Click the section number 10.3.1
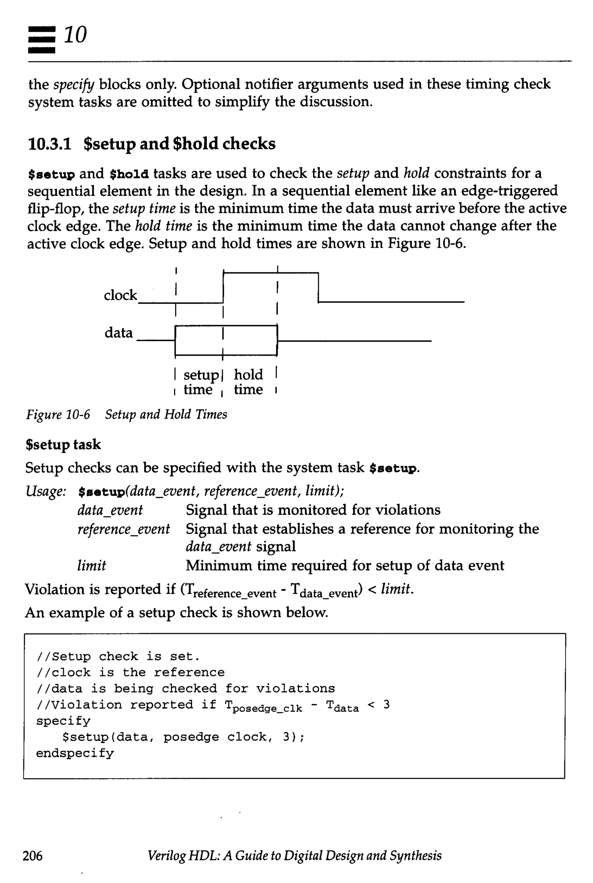pos(50,144)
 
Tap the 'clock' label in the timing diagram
pos(120,295)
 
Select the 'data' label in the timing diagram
pos(119,333)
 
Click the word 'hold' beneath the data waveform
pos(248,374)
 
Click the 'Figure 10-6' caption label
pos(58,415)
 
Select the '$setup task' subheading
pos(63,444)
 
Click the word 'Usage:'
pos(45,491)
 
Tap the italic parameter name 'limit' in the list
pos(91,566)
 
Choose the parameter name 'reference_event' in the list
pos(124,529)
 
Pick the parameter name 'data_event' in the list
pos(110,510)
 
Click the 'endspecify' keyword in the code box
pos(75,753)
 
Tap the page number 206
pos(32,855)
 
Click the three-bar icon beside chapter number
pos(42,39)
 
